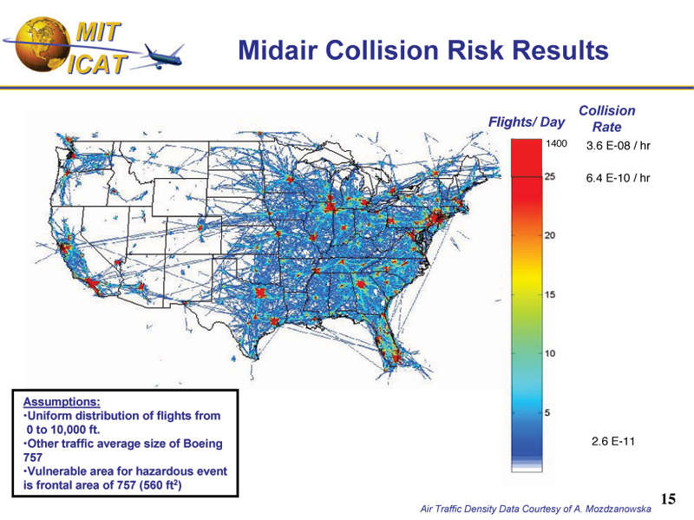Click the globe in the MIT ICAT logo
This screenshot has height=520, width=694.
[43, 45]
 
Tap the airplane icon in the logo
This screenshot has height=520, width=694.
[164, 56]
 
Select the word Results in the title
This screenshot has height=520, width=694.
[560, 49]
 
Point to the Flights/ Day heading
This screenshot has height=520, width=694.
[527, 122]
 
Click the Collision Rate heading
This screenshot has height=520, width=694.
[606, 119]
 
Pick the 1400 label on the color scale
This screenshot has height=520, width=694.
[556, 143]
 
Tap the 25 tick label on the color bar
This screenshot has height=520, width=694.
[550, 176]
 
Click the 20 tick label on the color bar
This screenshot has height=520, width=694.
[550, 235]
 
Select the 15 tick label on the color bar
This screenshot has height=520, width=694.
[550, 294]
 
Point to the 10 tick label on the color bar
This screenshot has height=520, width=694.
[550, 353]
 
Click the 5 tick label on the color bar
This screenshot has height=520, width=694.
[547, 413]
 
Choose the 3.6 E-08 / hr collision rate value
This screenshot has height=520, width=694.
[618, 146]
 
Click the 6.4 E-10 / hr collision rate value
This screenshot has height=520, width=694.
[618, 178]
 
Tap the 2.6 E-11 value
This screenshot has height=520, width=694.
[613, 441]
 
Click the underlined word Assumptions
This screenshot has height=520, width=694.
[62, 402]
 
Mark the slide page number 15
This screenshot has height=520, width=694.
[668, 499]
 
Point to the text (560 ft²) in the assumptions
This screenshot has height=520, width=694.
[160, 484]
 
